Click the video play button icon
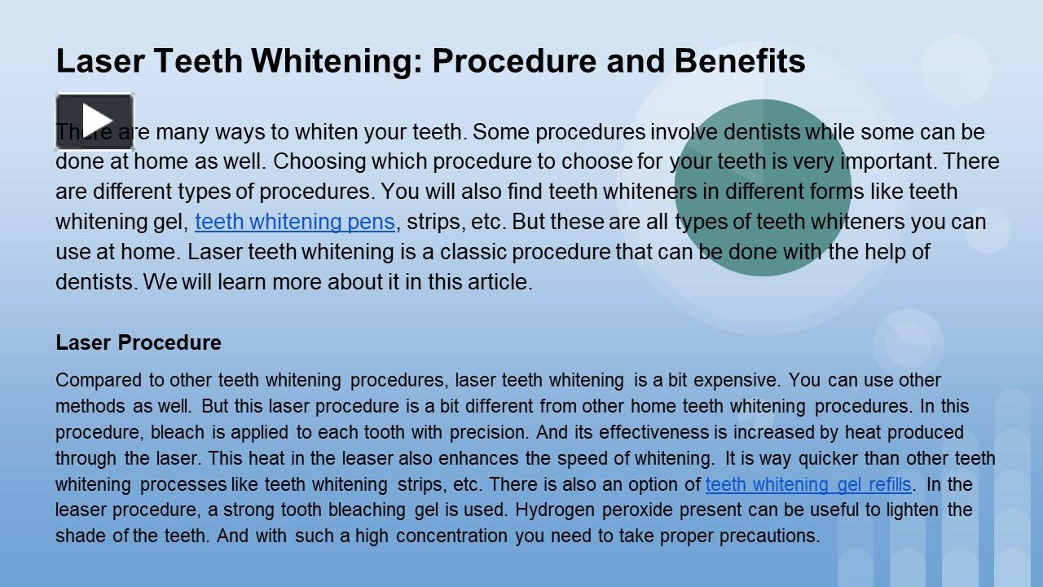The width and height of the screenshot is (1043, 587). click(x=95, y=121)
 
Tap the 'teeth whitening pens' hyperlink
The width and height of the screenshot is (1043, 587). click(x=295, y=222)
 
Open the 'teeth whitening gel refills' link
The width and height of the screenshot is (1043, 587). click(x=808, y=484)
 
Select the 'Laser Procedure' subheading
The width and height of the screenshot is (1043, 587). click(x=139, y=342)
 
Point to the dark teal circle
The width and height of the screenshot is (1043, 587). click(x=763, y=188)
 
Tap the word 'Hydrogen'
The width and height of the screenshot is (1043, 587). click(x=551, y=510)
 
